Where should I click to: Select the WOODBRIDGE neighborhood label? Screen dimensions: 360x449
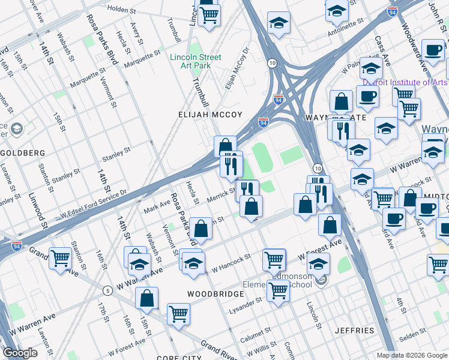click(215, 294)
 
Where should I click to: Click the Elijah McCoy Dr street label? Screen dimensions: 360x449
click(237, 69)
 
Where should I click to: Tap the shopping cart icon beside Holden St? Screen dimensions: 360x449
click(209, 16)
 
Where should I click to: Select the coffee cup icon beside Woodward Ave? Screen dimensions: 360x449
click(432, 50)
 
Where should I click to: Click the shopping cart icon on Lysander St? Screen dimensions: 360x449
click(278, 291)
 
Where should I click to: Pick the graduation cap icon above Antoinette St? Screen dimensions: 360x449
click(337, 10)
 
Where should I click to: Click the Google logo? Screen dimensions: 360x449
click(20, 353)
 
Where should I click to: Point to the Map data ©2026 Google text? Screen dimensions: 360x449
click(411, 355)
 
